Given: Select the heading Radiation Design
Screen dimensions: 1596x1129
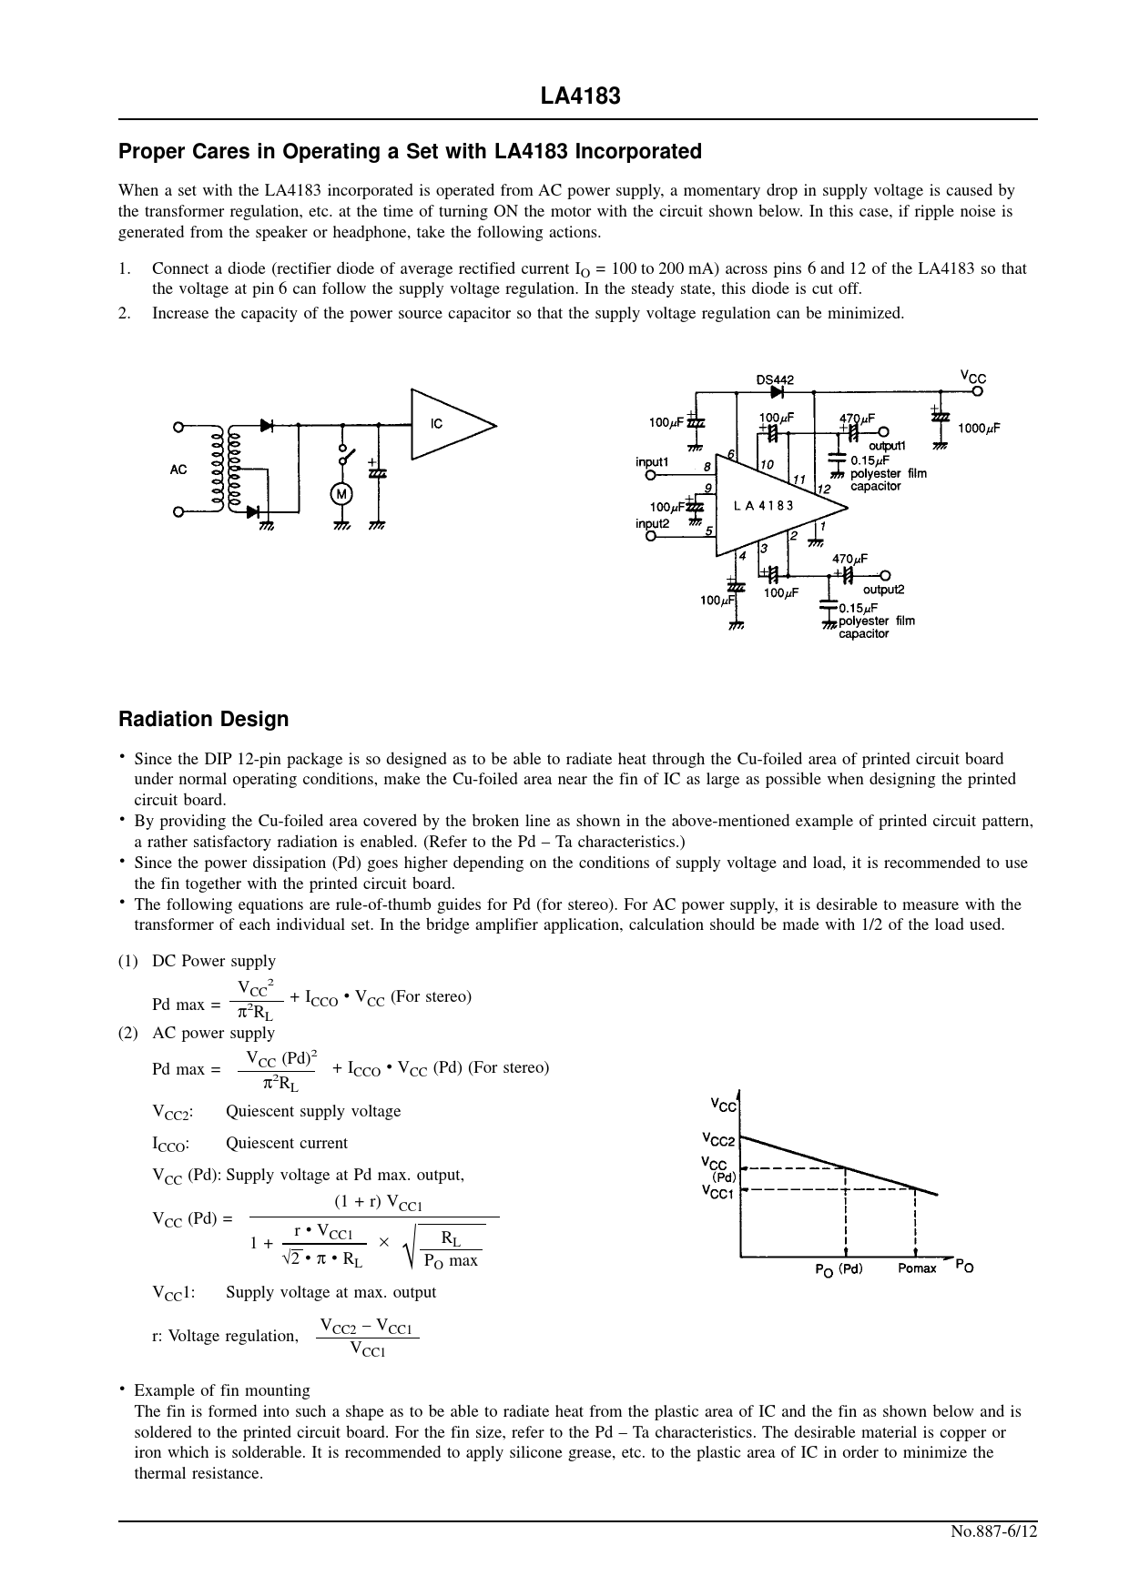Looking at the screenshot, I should point(203,719).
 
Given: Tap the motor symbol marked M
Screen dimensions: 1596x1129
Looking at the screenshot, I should point(341,494).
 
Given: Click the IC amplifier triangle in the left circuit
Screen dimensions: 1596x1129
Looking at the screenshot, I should point(448,425).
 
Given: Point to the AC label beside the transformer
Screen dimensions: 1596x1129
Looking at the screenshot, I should point(178,470).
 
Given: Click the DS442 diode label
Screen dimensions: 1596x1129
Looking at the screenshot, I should point(775,379).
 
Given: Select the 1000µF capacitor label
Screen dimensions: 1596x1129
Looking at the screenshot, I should point(979,429).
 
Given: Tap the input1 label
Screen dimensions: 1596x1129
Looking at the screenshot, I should point(652,462).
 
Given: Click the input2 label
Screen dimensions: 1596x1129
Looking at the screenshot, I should point(652,524).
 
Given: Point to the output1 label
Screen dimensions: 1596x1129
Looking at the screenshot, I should point(887,446).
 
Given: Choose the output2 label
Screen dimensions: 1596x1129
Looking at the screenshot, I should point(883,590).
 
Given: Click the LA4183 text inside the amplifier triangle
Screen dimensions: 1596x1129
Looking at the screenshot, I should point(763,506).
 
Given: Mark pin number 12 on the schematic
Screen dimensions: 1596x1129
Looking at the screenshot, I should point(823,490).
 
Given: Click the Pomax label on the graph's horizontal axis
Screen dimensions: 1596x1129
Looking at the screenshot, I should point(917,1268).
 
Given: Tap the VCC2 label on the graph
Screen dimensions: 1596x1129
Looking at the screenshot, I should point(718,1140).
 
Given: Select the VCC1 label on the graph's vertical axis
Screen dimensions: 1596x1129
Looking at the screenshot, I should point(718,1193).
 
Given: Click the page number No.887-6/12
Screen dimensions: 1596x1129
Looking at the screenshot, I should point(994,1530).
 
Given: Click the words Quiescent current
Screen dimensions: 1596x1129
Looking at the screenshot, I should point(287,1143).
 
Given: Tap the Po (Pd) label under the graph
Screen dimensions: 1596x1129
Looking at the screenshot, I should point(839,1269).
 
